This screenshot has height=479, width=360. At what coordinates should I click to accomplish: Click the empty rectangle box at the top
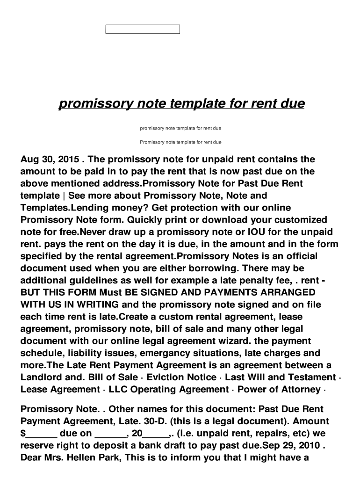pos(143,29)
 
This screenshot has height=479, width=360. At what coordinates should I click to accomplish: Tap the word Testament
pos(310,377)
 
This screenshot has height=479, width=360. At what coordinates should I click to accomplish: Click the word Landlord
pos(40,377)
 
